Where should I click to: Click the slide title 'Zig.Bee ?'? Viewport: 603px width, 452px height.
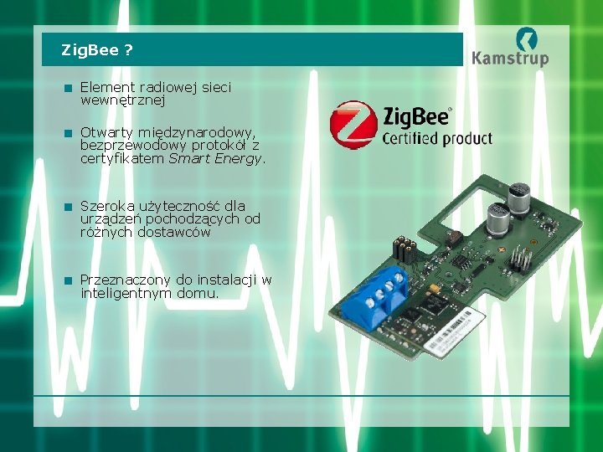tap(96, 50)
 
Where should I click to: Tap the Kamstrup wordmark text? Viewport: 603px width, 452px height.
tap(509, 58)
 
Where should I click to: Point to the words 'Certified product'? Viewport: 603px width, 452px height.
tap(437, 138)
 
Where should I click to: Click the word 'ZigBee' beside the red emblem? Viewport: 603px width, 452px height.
tap(416, 116)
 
